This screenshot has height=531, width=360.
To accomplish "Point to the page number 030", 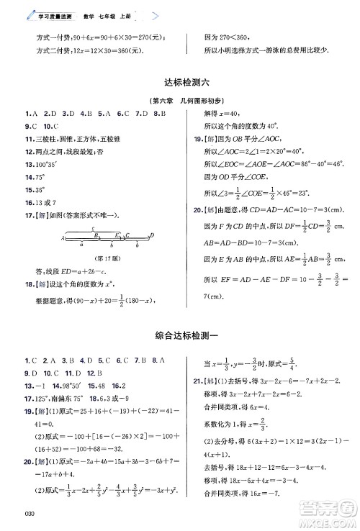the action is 29,513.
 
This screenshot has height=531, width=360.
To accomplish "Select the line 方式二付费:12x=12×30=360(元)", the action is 89,50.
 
